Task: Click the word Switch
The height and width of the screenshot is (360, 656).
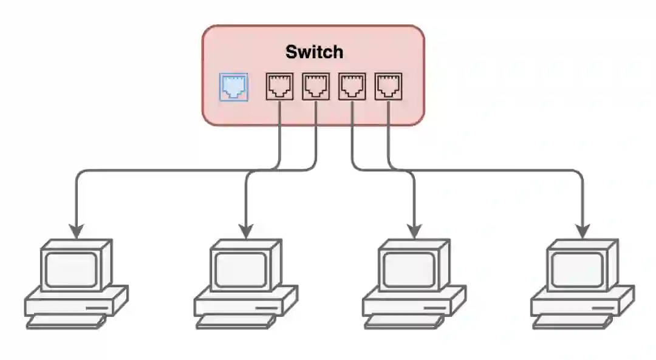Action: pos(314,52)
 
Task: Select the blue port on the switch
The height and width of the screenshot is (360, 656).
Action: pos(233,87)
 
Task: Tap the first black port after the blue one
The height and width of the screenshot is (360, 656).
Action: pos(279,87)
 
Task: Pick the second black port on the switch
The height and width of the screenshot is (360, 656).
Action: pos(316,87)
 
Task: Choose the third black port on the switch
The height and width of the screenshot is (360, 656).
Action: pos(352,87)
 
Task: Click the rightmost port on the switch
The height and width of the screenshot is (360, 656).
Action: pos(389,87)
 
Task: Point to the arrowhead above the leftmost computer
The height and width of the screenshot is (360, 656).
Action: pos(76,231)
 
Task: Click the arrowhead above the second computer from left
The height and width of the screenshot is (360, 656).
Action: pos(245,231)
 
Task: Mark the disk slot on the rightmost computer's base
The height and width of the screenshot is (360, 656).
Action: pos(603,308)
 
